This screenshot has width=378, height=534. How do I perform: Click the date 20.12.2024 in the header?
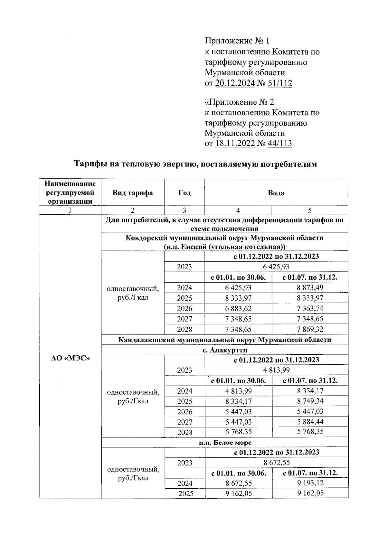(x=235, y=83)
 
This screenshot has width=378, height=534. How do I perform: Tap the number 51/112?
(x=280, y=83)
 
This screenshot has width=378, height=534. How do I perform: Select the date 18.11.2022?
(x=235, y=144)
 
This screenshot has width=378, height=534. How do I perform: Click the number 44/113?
(x=280, y=144)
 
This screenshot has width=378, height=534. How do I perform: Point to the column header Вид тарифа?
(x=133, y=193)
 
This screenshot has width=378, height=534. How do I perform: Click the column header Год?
(x=184, y=193)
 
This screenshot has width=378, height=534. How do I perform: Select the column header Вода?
(x=276, y=193)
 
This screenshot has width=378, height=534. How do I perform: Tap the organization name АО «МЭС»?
(x=70, y=358)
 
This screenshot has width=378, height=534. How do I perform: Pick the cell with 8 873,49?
(x=310, y=288)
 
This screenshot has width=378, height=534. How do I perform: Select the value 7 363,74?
(x=310, y=308)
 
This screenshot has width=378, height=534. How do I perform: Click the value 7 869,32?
(x=310, y=329)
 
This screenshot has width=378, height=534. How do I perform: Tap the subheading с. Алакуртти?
(x=225, y=350)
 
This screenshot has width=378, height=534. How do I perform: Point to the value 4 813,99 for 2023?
(x=276, y=370)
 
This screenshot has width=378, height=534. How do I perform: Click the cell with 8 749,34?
(x=310, y=401)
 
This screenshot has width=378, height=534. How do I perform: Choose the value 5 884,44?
(x=310, y=422)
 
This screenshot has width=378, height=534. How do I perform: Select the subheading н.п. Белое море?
(x=225, y=443)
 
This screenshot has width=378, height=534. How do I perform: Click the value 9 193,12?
(x=310, y=483)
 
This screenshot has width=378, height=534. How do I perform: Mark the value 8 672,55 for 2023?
(x=276, y=463)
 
